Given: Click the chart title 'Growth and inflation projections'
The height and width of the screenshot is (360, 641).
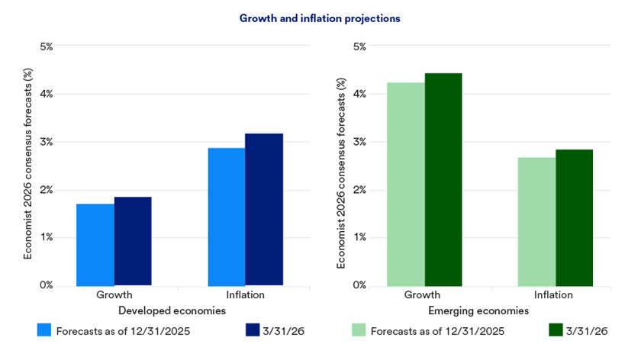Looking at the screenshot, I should point(320,17).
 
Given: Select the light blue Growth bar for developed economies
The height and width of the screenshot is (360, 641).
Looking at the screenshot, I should point(95,245).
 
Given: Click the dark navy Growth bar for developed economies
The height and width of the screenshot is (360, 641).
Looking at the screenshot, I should point(133,241).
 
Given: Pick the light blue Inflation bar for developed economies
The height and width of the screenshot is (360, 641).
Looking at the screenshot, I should point(227,217).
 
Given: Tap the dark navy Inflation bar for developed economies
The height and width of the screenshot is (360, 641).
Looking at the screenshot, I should point(264,210).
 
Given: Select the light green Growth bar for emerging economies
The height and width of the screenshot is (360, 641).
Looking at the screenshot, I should point(406,184).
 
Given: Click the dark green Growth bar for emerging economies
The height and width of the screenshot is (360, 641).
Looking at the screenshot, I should point(443,179).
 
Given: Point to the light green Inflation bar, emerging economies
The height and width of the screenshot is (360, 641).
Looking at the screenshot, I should point(536,222).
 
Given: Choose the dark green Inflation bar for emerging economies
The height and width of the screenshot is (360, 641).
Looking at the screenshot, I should point(574,217).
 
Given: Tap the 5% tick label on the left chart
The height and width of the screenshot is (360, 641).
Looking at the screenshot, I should point(46,47).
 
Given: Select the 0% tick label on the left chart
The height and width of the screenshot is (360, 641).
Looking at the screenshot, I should point(46,285).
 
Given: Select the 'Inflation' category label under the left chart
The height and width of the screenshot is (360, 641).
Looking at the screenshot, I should point(245,295).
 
